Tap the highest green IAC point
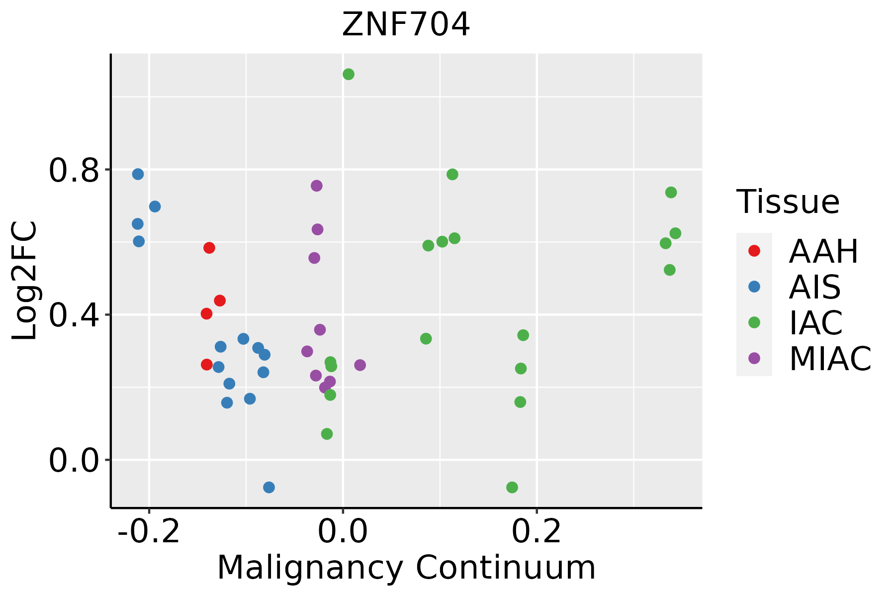pyautogui.click(x=349, y=75)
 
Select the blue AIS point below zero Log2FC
pyautogui.click(x=269, y=487)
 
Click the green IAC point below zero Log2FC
pyautogui.click(x=512, y=487)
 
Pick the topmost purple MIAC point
pyautogui.click(x=317, y=186)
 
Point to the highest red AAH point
pyautogui.click(x=209, y=248)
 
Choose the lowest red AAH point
pyautogui.click(x=207, y=365)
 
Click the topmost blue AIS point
pyautogui.click(x=138, y=174)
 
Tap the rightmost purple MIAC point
pyautogui.click(x=360, y=365)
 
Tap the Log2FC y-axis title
pyautogui.click(x=25, y=281)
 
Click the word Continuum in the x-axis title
pyautogui.click(x=505, y=568)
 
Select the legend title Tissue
pyautogui.click(x=788, y=202)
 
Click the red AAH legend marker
pyautogui.click(x=754, y=251)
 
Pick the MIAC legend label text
pyautogui.click(x=830, y=359)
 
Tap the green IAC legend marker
pyautogui.click(x=754, y=322)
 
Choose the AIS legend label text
pyautogui.click(x=815, y=287)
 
